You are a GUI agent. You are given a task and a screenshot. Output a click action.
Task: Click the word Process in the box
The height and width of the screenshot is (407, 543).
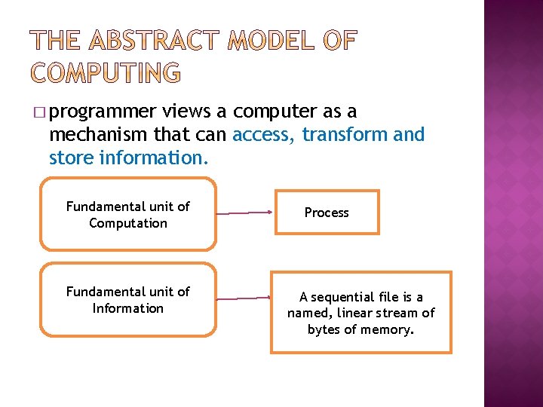pyautogui.click(x=327, y=213)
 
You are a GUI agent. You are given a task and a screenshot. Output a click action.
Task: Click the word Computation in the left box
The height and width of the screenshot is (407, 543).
pyautogui.click(x=128, y=223)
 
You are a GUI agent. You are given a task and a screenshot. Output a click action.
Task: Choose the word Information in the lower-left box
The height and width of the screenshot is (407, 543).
pyautogui.click(x=128, y=308)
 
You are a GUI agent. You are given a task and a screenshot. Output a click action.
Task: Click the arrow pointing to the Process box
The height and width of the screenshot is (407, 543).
pyautogui.click(x=246, y=213)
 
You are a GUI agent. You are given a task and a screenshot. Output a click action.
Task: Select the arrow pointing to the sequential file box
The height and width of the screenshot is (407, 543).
pyautogui.click(x=246, y=299)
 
